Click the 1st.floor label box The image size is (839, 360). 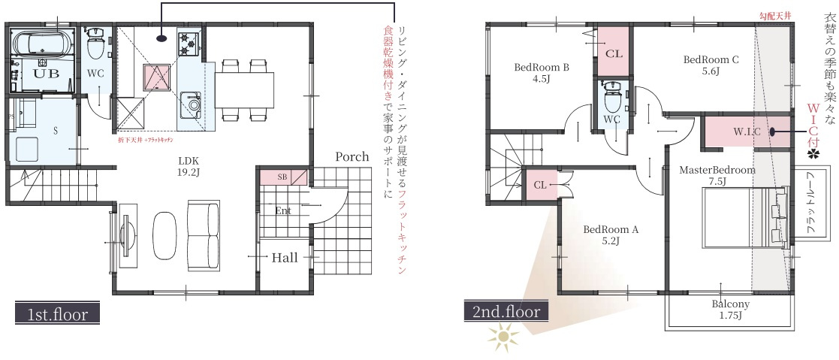click(x=56, y=313)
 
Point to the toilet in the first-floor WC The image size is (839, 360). click(x=95, y=47)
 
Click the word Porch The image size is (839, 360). click(x=352, y=156)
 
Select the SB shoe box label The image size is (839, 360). click(x=282, y=177)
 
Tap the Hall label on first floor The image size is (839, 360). click(x=285, y=257)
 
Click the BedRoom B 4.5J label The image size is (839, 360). click(x=541, y=72)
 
